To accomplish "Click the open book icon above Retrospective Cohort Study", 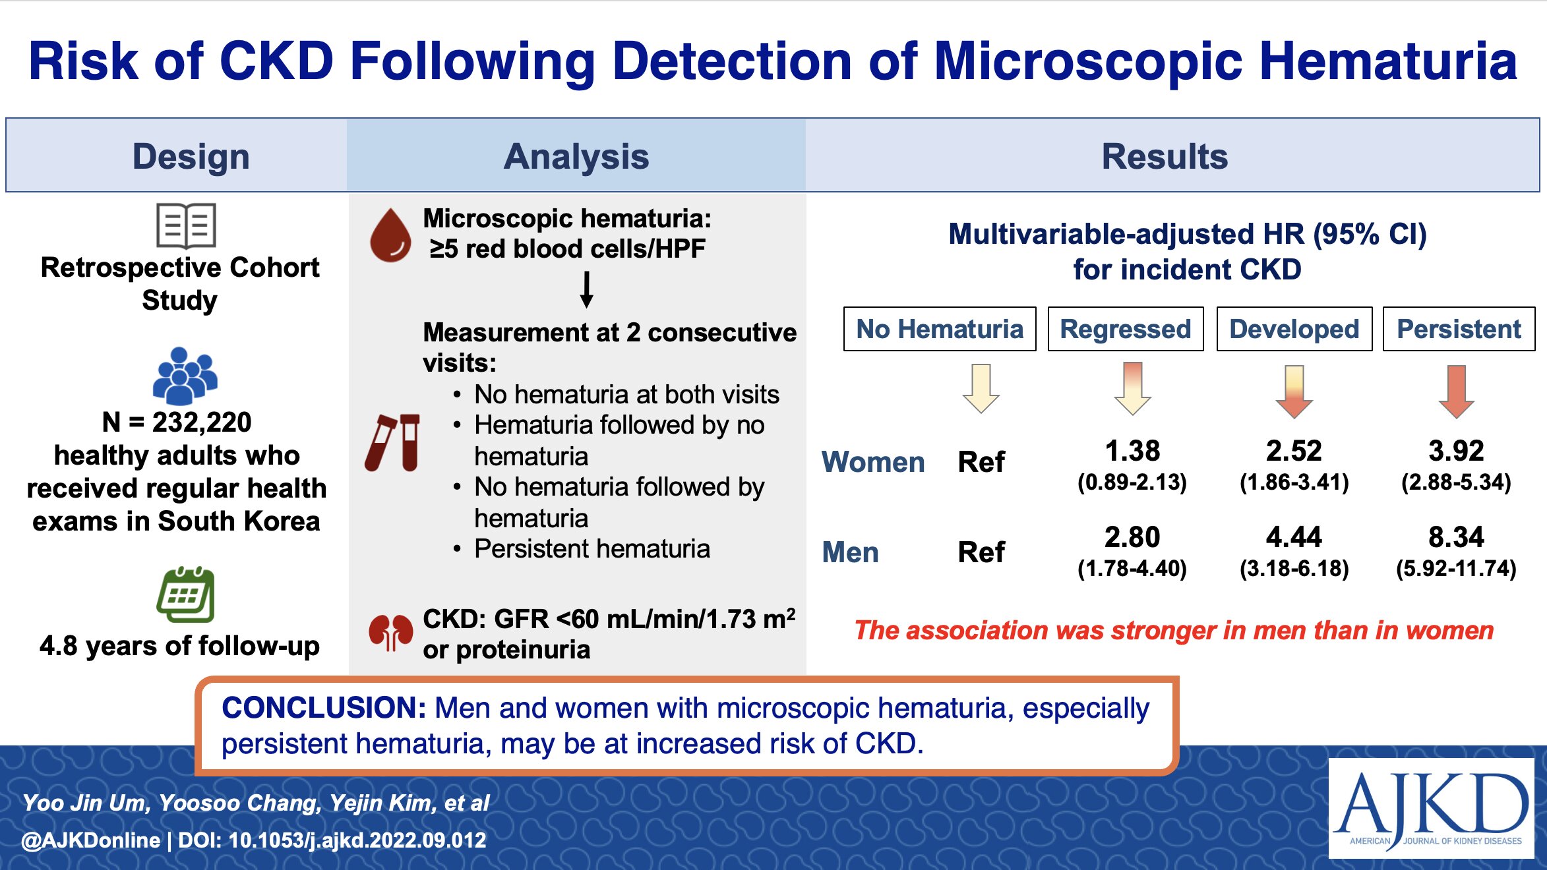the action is [186, 225].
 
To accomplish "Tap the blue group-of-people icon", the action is [185, 375].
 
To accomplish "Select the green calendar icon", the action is [186, 594].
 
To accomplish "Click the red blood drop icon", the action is [390, 235].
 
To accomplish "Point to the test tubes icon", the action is [392, 442].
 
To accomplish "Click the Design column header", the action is [191, 157].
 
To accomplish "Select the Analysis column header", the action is [576, 157].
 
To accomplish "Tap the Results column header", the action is [1165, 157].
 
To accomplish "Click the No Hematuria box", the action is [940, 329].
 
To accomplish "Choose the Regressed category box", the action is [1126, 329].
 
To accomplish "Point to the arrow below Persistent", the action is [1456, 391].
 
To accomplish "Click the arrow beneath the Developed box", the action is [1294, 391].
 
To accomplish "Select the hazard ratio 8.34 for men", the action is [1456, 537].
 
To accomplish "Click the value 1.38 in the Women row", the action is [1132, 451].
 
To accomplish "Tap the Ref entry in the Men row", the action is [981, 552].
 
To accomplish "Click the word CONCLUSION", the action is [324, 709].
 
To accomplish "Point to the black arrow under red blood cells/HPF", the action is [586, 290].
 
